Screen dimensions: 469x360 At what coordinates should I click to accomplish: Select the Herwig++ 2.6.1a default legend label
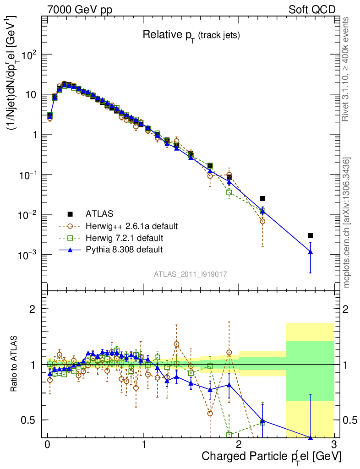[131, 226]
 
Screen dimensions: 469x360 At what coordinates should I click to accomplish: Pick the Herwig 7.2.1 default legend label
[124, 238]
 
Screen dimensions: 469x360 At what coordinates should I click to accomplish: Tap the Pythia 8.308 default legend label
[124, 250]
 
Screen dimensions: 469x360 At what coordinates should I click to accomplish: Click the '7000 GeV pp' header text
[80, 10]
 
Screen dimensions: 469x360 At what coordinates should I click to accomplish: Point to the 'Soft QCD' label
[312, 10]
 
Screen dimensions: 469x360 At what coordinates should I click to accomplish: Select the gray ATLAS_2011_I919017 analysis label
[191, 274]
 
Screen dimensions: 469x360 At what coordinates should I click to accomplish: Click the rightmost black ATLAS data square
[310, 235]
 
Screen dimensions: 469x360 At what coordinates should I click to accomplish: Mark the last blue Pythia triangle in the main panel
[310, 251]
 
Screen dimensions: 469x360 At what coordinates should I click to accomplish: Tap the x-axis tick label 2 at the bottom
[238, 445]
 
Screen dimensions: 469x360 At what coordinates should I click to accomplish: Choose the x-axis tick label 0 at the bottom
[47, 445]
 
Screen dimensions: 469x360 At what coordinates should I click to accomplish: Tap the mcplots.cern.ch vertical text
[347, 223]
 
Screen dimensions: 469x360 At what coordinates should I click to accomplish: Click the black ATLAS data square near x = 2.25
[262, 198]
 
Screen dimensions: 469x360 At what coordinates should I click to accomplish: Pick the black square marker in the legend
[70, 214]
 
